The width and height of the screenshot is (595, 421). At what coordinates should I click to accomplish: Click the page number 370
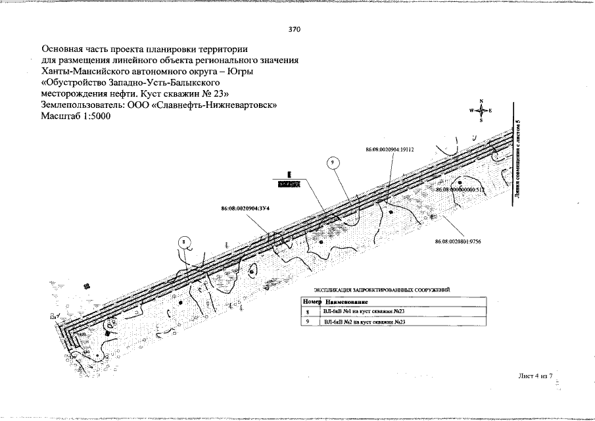click(x=295, y=30)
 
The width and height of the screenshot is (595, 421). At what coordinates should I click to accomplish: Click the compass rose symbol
click(x=481, y=111)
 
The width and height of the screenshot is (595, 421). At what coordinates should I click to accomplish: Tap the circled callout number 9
click(x=333, y=162)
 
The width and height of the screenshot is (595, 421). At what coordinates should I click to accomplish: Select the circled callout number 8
click(x=185, y=243)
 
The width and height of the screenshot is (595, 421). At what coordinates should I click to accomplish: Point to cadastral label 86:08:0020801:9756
click(x=458, y=241)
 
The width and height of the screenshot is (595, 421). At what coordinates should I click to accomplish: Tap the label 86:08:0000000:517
click(x=460, y=189)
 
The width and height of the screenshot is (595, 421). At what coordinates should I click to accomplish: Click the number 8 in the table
click(x=308, y=311)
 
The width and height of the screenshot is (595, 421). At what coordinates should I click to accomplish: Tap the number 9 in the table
click(x=308, y=322)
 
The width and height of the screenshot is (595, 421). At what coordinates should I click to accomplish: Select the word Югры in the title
click(x=238, y=71)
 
